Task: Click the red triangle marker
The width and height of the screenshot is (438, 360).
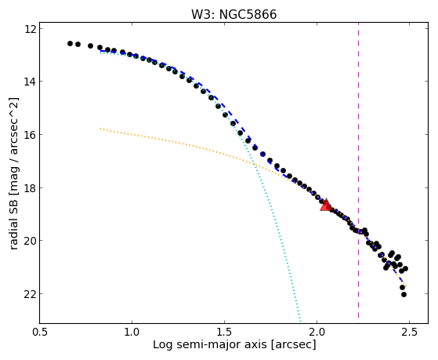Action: coord(326,205)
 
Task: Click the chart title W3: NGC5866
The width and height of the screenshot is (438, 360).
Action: coord(233,15)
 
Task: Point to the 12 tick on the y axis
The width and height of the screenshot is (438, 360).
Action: coord(31,28)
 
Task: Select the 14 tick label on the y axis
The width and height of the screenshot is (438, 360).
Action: coord(31,82)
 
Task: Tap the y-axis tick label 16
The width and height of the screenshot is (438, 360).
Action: coord(31,135)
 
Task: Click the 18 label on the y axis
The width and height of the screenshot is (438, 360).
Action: coord(31,187)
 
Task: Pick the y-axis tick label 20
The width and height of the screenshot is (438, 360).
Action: coord(31,241)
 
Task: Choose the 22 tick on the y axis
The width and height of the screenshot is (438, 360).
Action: coord(31,293)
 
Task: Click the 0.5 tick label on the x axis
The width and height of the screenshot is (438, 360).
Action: coord(39,332)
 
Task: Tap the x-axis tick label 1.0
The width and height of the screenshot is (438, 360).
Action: coord(132,332)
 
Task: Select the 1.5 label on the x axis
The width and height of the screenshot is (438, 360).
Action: coord(224,332)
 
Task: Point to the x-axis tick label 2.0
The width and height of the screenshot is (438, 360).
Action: coord(317,332)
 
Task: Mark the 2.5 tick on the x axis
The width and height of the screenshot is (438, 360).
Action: coord(409,332)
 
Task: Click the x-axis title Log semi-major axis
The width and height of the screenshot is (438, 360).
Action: coord(210,344)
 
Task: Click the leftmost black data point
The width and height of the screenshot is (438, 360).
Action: coord(70,43)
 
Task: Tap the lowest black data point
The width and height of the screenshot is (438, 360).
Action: coord(404,294)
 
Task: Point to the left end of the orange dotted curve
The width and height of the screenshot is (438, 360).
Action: coord(100,129)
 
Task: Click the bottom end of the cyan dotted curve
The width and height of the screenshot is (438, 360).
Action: coord(300,321)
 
